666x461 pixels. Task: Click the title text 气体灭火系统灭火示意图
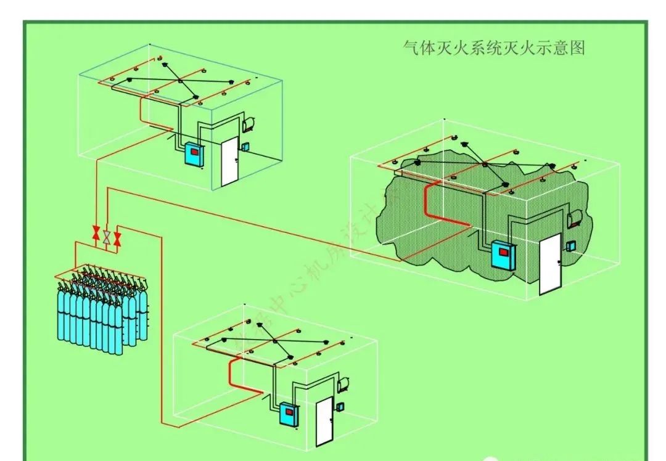493,48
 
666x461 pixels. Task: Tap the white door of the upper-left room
229,162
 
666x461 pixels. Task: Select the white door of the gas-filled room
550,264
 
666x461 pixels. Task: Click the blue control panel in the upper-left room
193,155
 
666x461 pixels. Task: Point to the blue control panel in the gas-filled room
503,255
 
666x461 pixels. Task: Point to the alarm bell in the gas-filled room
576,218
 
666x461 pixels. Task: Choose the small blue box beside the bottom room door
340,407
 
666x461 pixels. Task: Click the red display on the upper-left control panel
194,151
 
